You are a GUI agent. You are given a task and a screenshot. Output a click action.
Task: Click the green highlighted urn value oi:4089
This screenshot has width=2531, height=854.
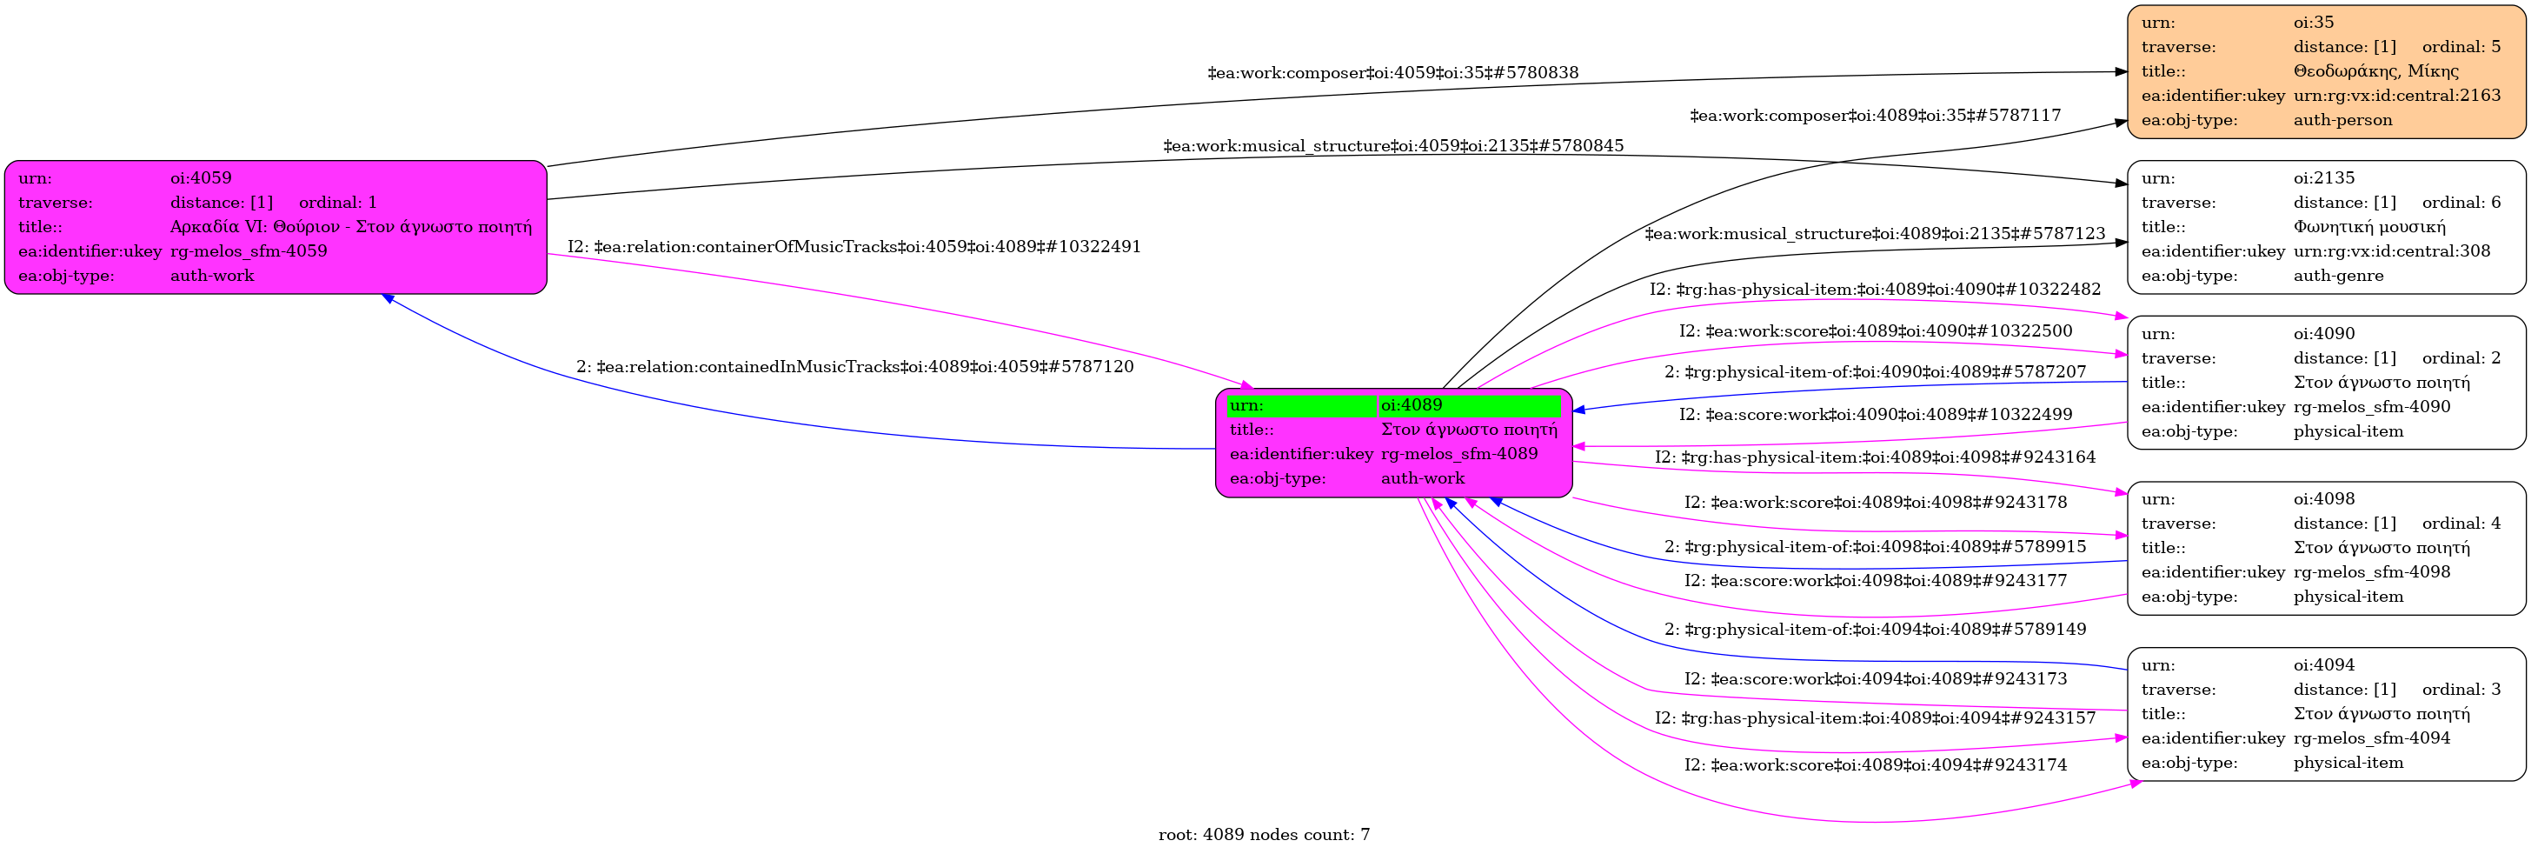pyautogui.click(x=1411, y=405)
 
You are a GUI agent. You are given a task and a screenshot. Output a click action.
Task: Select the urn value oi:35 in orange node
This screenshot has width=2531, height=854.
pyautogui.click(x=2313, y=23)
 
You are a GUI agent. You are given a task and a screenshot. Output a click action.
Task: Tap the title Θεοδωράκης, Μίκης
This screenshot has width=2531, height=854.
pyautogui.click(x=2375, y=70)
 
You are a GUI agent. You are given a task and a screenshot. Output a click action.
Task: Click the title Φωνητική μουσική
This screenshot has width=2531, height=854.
pyautogui.click(x=2368, y=227)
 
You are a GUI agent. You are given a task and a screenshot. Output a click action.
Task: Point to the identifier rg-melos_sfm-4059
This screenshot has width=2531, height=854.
pyautogui.click(x=249, y=251)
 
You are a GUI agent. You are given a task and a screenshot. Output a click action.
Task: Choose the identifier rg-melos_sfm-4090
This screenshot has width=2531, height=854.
pyautogui.click(x=2372, y=407)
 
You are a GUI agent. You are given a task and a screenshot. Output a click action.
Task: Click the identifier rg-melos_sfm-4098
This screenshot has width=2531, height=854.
pyautogui.click(x=2372, y=572)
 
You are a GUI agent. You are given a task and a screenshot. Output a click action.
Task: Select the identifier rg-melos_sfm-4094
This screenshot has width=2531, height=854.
pyautogui.click(x=2372, y=738)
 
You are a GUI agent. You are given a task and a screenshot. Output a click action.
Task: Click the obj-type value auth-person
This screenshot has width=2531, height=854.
pyautogui.click(x=2342, y=120)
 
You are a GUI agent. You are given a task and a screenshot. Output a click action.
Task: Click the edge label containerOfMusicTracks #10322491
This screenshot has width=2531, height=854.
pyautogui.click(x=854, y=247)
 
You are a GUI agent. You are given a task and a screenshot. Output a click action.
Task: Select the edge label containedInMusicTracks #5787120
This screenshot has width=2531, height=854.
pyautogui.click(x=854, y=368)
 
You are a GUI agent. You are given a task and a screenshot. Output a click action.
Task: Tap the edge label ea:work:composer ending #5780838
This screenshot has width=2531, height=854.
pyautogui.click(x=1392, y=73)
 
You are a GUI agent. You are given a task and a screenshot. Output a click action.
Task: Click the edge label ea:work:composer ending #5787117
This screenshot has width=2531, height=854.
pyautogui.click(x=1875, y=116)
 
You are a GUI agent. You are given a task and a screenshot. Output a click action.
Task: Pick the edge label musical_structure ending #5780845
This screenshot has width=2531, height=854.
pyautogui.click(x=1393, y=146)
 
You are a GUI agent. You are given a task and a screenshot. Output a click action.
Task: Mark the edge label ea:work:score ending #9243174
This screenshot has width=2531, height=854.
pyautogui.click(x=1875, y=765)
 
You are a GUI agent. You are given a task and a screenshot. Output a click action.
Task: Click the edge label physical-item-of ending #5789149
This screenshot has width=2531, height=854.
pyautogui.click(x=1875, y=630)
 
